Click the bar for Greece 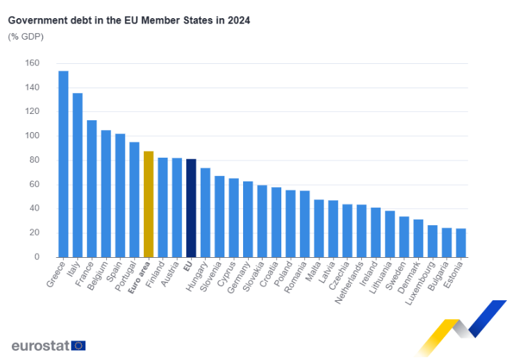63,164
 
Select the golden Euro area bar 148,204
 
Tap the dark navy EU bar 191,208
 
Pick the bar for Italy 77,175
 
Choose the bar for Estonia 461,243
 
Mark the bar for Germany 247,219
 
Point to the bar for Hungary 205,212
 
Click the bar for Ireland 375,232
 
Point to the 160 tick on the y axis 33,63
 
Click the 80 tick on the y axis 35,161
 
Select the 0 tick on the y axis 37,257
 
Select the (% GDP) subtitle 26,36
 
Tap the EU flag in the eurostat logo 78,345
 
